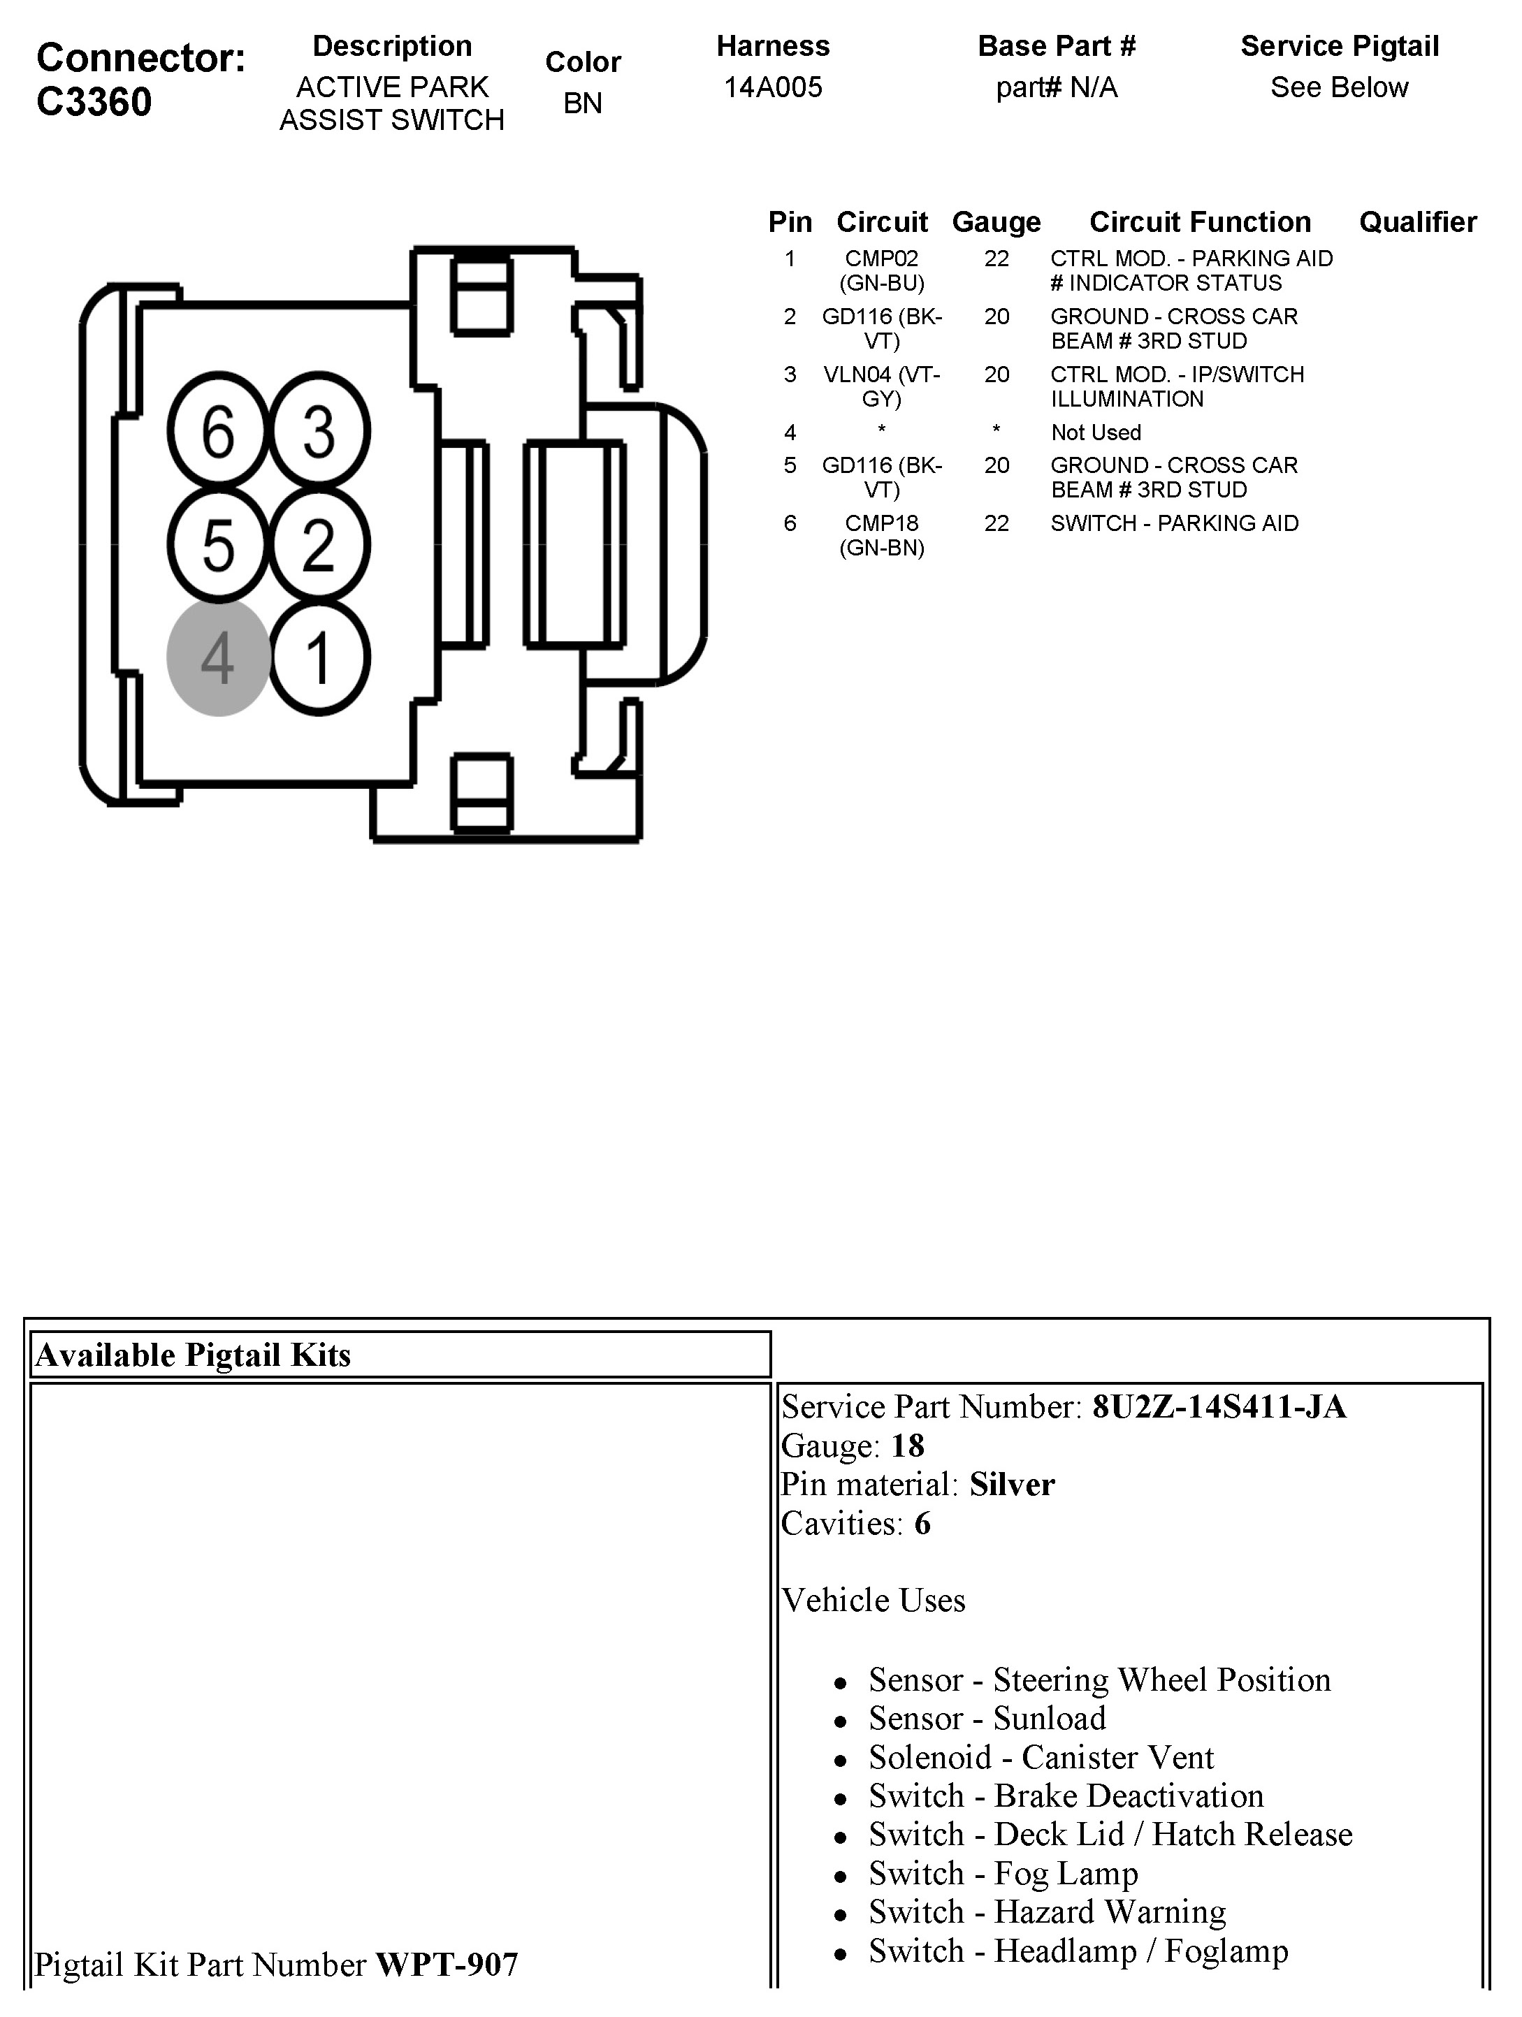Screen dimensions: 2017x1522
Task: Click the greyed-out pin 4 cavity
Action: tap(218, 657)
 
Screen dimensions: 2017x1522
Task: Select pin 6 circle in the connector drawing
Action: tap(218, 430)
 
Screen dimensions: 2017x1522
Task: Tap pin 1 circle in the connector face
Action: tap(318, 657)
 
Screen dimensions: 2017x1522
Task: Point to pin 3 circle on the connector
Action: tap(318, 430)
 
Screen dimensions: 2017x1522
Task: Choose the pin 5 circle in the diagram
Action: tap(218, 544)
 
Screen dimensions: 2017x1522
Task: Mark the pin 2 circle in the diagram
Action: tap(318, 544)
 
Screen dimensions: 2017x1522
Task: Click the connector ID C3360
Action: tap(94, 101)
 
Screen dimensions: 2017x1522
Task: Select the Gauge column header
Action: tap(996, 221)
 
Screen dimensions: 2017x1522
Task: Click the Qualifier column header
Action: tap(1417, 221)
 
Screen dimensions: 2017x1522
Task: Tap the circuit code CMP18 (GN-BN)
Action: tap(882, 535)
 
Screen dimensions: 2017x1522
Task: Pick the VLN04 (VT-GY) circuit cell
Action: tap(882, 386)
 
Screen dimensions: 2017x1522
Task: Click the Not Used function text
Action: tap(1095, 432)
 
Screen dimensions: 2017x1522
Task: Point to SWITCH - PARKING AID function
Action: tap(1174, 523)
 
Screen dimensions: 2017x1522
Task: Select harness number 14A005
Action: tap(772, 87)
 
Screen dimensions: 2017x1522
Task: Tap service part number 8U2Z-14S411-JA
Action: tap(1218, 1407)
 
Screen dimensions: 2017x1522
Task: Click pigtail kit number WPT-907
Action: tap(447, 1964)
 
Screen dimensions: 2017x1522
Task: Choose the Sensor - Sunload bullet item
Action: tap(987, 1718)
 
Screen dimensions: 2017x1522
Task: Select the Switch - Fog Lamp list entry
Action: tap(1003, 1873)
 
